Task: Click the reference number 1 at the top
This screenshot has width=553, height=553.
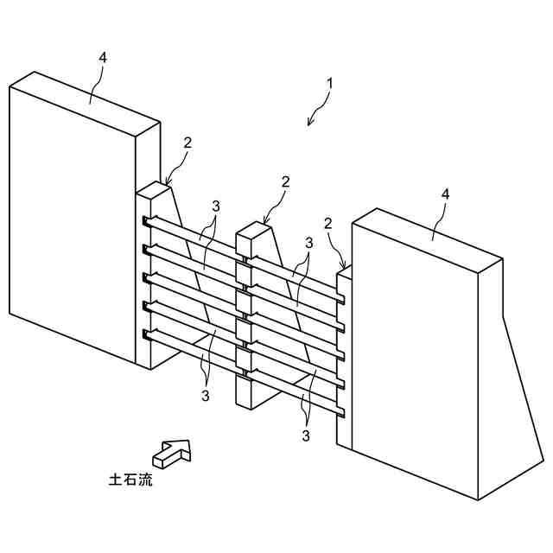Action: pyautogui.click(x=329, y=84)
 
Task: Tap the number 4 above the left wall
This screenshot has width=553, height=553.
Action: pyautogui.click(x=102, y=57)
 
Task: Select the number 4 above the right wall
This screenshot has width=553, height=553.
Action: pyautogui.click(x=445, y=194)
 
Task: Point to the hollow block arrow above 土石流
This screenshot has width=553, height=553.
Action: pyautogui.click(x=171, y=451)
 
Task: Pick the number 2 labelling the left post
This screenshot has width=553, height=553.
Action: pyautogui.click(x=188, y=143)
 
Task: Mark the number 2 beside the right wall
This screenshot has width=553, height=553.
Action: pyautogui.click(x=328, y=224)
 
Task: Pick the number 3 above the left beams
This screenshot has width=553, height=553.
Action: pyautogui.click(x=215, y=207)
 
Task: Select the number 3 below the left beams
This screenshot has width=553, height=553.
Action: pyautogui.click(x=206, y=396)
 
